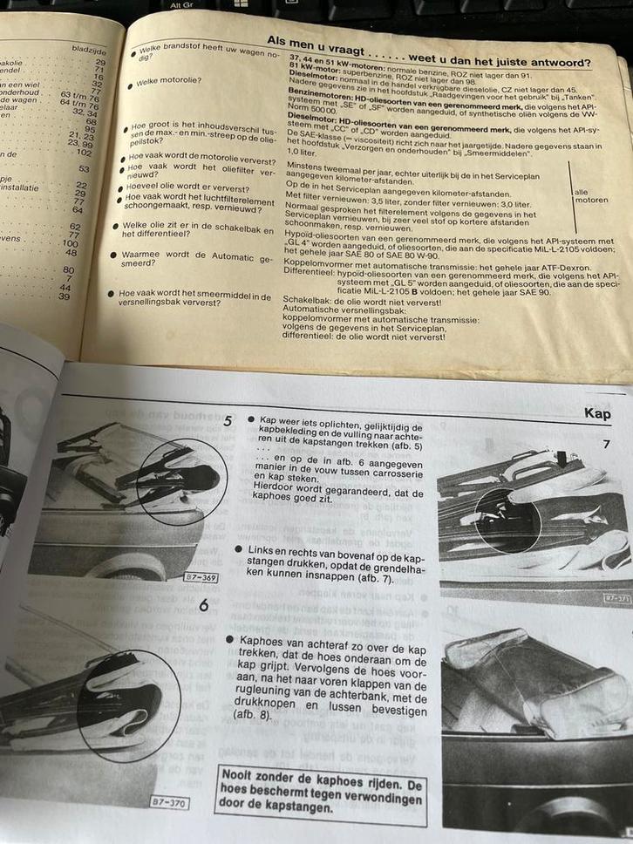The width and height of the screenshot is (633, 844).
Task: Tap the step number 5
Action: click(x=228, y=421)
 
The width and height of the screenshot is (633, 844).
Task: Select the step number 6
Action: click(x=203, y=604)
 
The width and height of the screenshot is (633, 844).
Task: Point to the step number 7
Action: click(x=606, y=445)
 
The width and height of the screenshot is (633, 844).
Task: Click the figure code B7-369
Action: click(x=200, y=577)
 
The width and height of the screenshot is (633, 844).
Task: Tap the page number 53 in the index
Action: click(x=84, y=169)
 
